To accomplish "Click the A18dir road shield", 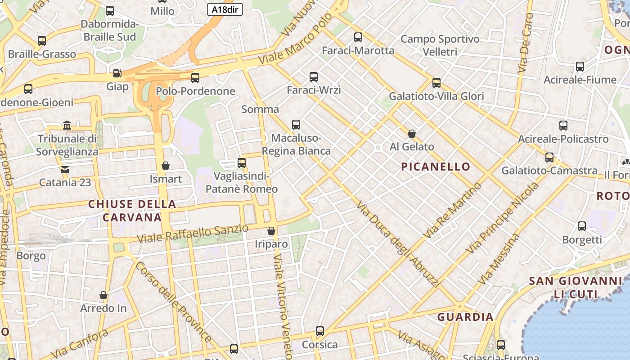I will click(225, 9).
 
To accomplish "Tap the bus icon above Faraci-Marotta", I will click(358, 37).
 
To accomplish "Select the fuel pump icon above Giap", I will click(117, 73).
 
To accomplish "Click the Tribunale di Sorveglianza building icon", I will click(67, 125).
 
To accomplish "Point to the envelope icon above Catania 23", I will click(65, 170).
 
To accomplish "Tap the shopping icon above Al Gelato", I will click(411, 134).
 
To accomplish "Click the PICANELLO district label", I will click(436, 167).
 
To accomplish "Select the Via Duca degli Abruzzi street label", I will click(398, 245).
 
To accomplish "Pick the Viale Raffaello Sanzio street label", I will click(193, 234).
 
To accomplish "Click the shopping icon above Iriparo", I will click(271, 231).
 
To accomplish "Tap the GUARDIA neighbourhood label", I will click(465, 317).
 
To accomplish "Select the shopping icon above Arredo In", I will click(103, 296).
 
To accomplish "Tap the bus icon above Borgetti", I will click(582, 226).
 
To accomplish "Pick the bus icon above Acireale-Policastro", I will click(563, 126).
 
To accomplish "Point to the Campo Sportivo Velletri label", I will click(440, 45).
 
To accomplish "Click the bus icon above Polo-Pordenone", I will click(195, 78).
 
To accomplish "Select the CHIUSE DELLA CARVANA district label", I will click(132, 211).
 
